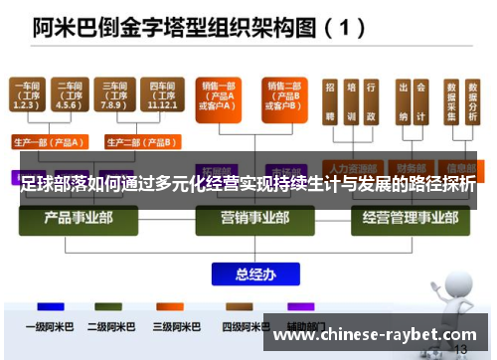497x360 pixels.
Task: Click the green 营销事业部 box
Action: point(248,219)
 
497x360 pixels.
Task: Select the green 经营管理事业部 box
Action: point(409,219)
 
